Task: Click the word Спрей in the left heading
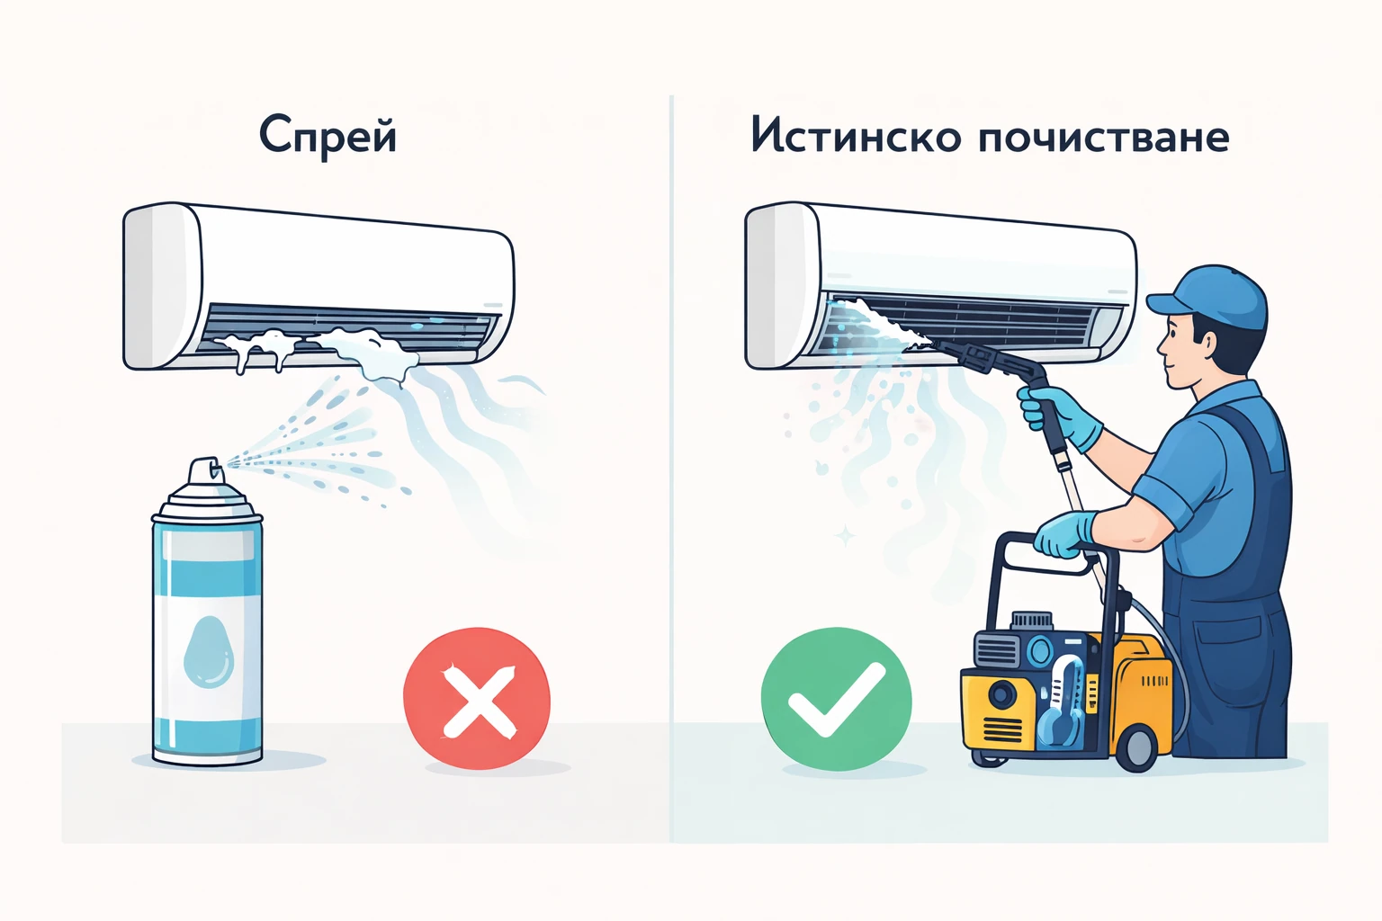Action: pyautogui.click(x=328, y=137)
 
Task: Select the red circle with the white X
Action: pyautogui.click(x=477, y=698)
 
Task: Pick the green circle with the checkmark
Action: pyautogui.click(x=836, y=698)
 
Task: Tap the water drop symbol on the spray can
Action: pyautogui.click(x=208, y=649)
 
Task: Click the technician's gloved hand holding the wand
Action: pyautogui.click(x=1062, y=416)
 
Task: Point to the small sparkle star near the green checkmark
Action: pyautogui.click(x=845, y=537)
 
